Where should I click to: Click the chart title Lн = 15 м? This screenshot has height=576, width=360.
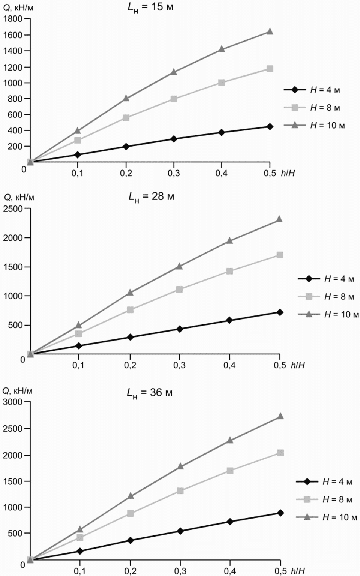pyautogui.click(x=150, y=7)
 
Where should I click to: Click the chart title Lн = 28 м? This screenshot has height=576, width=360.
pyautogui.click(x=151, y=196)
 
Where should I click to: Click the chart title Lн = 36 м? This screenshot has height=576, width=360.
pyautogui.click(x=149, y=393)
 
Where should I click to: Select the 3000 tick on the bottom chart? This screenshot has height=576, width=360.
pyautogui.click(x=12, y=402)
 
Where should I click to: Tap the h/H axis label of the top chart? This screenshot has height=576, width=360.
pyautogui.click(x=288, y=174)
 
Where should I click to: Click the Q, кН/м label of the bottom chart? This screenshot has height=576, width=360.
pyautogui.click(x=18, y=391)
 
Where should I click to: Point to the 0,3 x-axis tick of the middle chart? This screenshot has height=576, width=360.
pyautogui.click(x=179, y=365)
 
